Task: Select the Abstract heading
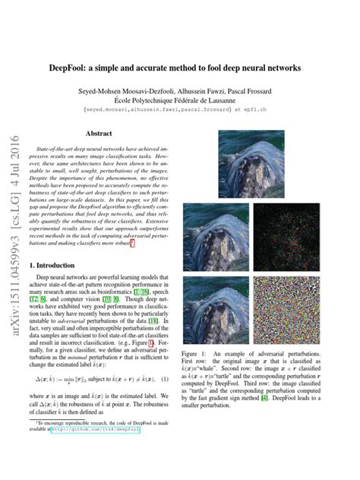tap(99, 133)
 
